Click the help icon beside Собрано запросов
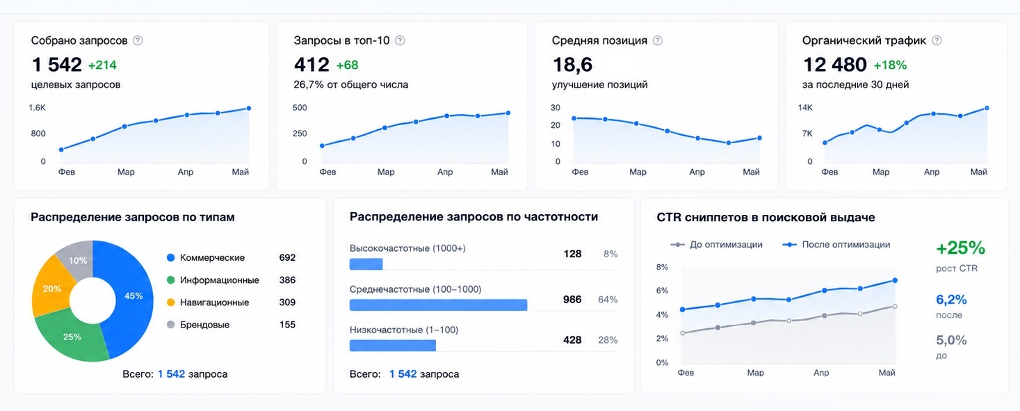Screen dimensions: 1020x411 [x=138, y=40]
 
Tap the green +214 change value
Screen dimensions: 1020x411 [x=102, y=65]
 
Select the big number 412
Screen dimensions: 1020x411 [x=311, y=65]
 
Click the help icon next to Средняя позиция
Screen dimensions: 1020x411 [x=658, y=40]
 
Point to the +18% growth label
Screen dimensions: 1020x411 [x=890, y=65]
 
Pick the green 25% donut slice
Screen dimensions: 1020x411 [x=73, y=337]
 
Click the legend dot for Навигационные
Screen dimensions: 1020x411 [x=171, y=302]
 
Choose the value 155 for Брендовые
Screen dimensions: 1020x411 [x=287, y=325]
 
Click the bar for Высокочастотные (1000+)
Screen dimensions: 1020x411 [x=366, y=264]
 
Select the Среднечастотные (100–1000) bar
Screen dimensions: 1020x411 [x=439, y=305]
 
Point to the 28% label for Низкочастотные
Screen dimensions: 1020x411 [x=608, y=340]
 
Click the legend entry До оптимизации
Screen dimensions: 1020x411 [x=716, y=245]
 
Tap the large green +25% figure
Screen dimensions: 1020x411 [x=960, y=248]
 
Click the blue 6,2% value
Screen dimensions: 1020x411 [x=951, y=299]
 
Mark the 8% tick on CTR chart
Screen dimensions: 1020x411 [x=662, y=267]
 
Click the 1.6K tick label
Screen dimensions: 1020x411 [x=38, y=108]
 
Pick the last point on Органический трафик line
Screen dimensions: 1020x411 [x=987, y=108]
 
